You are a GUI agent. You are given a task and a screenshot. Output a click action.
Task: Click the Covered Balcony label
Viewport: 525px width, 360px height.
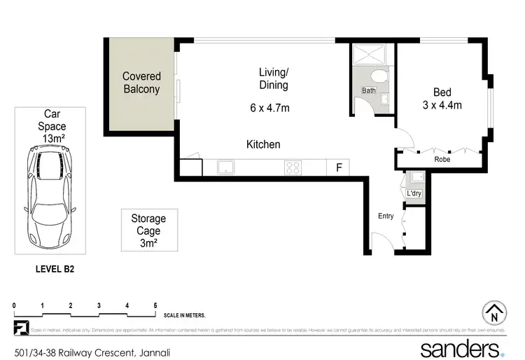141,83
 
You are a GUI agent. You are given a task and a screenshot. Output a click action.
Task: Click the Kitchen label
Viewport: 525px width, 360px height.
263,144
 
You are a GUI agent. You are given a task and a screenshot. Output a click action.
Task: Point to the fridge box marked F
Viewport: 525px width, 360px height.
339,167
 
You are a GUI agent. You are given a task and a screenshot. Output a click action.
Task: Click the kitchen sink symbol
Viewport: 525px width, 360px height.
225,167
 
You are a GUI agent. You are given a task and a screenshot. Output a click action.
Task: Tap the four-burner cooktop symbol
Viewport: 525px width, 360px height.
293,167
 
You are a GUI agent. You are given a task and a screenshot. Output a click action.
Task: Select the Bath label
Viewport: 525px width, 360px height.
368,91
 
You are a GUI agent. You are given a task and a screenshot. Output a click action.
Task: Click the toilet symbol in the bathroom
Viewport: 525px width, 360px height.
379,76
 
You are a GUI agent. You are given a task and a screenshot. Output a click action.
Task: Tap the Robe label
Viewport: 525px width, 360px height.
442,160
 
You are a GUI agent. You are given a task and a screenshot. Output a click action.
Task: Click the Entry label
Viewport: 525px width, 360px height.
386,216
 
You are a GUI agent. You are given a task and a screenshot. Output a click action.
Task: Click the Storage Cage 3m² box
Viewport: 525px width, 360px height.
148,230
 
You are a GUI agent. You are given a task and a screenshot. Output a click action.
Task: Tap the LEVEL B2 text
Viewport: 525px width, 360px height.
55,268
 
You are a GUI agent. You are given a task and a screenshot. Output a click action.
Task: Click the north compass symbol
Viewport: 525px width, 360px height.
494,313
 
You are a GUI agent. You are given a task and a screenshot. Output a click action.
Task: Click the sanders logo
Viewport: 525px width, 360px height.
461,348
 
